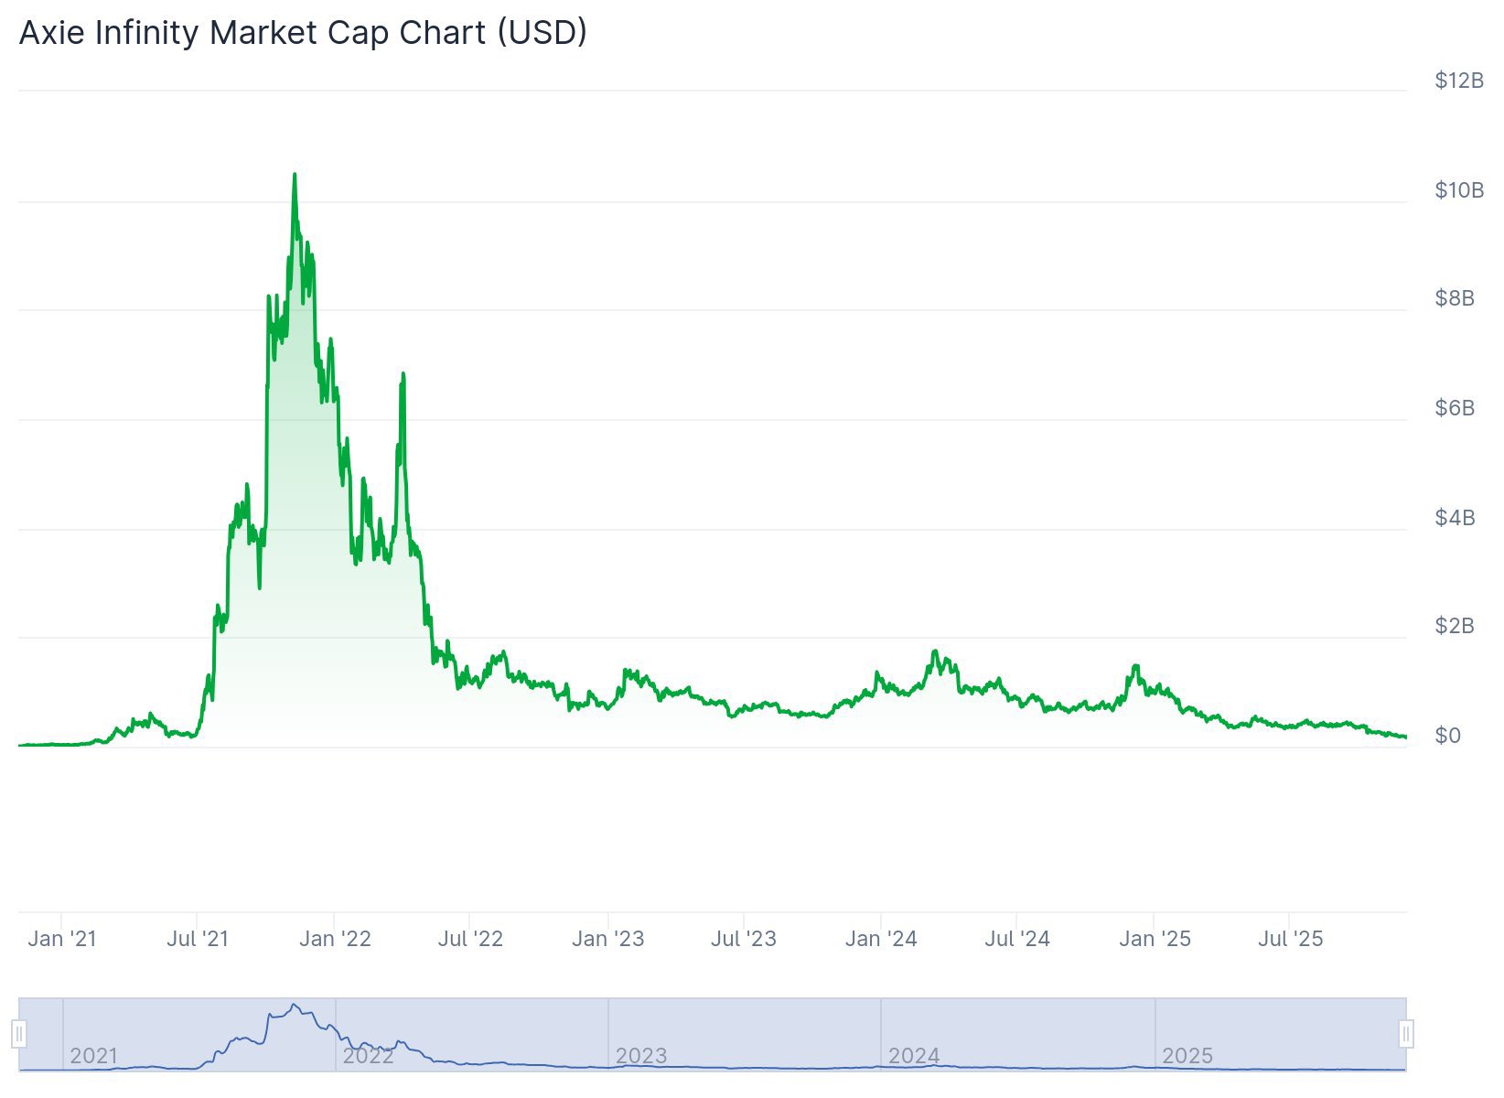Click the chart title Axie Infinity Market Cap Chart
(303, 33)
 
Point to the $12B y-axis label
(1458, 81)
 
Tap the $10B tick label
(1458, 190)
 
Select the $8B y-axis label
(1455, 298)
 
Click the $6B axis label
(1455, 408)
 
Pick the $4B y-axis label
(1455, 518)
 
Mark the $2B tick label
(1455, 626)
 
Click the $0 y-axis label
(1447, 736)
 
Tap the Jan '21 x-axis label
(62, 939)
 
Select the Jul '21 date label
(198, 939)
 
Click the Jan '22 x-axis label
(335, 939)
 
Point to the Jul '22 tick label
(470, 939)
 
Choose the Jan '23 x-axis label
(607, 939)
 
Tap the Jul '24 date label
(1017, 939)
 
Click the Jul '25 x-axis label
(1290, 939)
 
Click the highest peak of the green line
(294, 175)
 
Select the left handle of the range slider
(19, 1035)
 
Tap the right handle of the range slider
(1406, 1035)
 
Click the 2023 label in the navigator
(640, 1056)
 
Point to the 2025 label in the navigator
(1187, 1056)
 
